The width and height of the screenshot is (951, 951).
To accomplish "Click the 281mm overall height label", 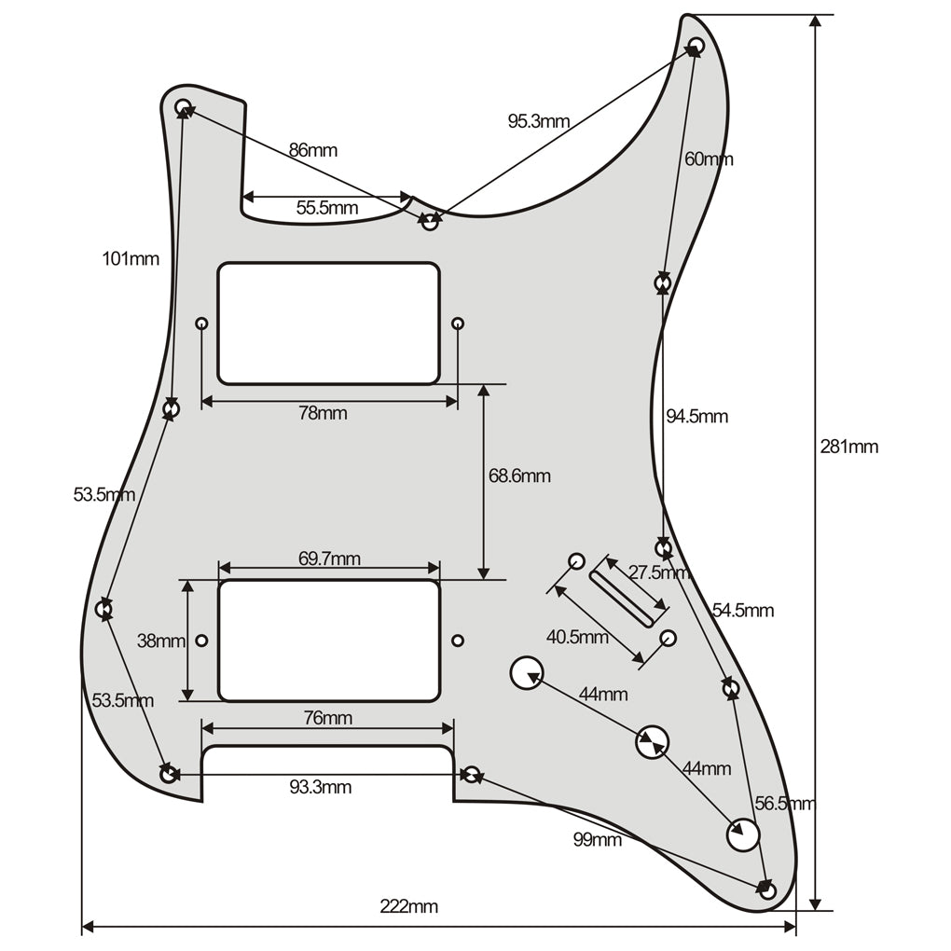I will [x=848, y=447].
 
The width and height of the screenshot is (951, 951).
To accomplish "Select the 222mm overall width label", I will [x=408, y=906].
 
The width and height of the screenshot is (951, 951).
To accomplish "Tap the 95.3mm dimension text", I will [x=538, y=121].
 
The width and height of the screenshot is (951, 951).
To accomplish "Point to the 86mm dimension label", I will [x=312, y=150].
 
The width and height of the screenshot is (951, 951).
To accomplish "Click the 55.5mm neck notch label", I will [x=326, y=208].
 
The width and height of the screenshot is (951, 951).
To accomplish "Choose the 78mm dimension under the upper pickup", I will [x=323, y=413].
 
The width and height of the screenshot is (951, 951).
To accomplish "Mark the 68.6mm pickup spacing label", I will [x=519, y=476].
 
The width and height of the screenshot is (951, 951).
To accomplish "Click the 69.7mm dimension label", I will [x=329, y=559].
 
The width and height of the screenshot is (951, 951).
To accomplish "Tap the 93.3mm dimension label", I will [x=320, y=788].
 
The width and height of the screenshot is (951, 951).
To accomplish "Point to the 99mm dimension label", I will [x=597, y=840].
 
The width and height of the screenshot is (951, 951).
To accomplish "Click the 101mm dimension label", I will [x=131, y=259].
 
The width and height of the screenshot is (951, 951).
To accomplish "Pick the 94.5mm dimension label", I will [x=696, y=417].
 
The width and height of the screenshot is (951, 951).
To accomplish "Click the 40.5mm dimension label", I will [x=577, y=638].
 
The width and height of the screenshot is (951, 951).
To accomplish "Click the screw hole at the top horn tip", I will [x=696, y=45].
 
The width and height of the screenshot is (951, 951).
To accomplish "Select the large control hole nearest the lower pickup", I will [x=527, y=672].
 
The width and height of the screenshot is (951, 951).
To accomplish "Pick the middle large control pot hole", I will [x=652, y=742].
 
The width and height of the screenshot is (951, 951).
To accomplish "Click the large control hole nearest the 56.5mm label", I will [x=743, y=834].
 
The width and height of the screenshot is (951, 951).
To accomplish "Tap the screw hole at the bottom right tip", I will [x=767, y=891].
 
